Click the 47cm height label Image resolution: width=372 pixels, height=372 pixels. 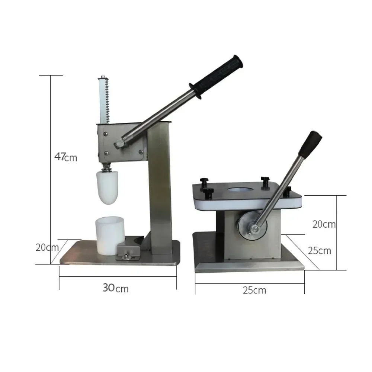[65, 157]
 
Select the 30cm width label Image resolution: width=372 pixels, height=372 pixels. [115, 288]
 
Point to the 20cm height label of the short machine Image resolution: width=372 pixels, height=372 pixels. [324, 224]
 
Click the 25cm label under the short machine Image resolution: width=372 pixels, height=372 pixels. [254, 290]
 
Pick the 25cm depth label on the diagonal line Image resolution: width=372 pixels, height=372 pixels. [319, 250]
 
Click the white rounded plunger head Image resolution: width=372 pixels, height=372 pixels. [108, 187]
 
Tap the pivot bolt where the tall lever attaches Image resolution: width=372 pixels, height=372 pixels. [120, 142]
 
